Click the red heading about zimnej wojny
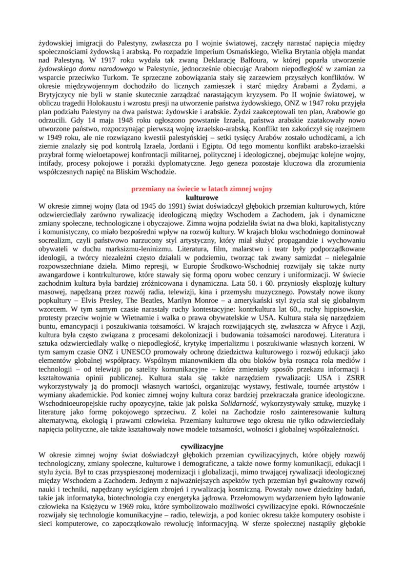tap(202, 188)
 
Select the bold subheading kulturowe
tap(202, 197)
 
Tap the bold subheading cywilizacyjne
tap(202, 446)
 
